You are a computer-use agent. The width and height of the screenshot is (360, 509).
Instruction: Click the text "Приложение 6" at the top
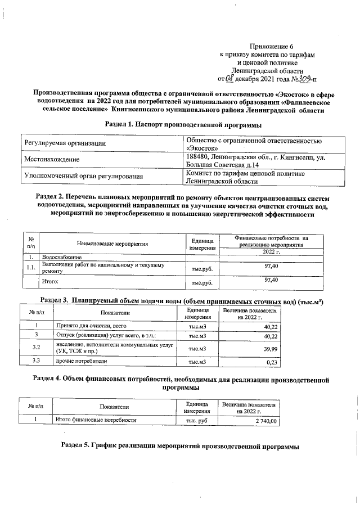point(272,47)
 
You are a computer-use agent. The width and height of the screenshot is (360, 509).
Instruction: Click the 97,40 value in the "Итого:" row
point(272,279)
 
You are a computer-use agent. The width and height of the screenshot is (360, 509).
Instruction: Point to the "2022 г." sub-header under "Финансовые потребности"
point(271,251)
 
